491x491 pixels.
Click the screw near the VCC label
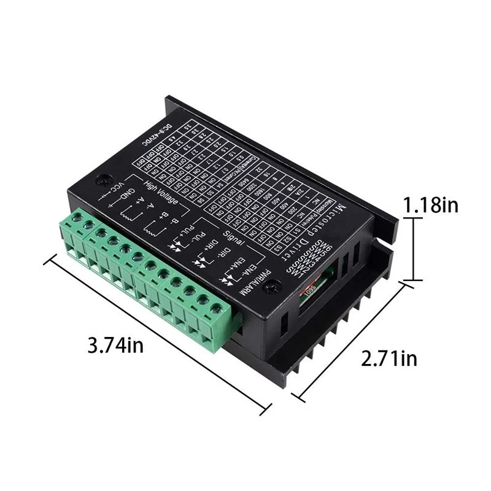101,182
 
